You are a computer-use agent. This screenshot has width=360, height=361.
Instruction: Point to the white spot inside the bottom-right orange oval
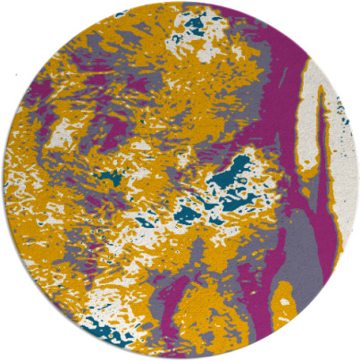tap(284, 303)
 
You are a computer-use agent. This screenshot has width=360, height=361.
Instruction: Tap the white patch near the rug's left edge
tap(63, 134)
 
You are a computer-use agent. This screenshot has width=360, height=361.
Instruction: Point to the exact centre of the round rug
tap(180, 180)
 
